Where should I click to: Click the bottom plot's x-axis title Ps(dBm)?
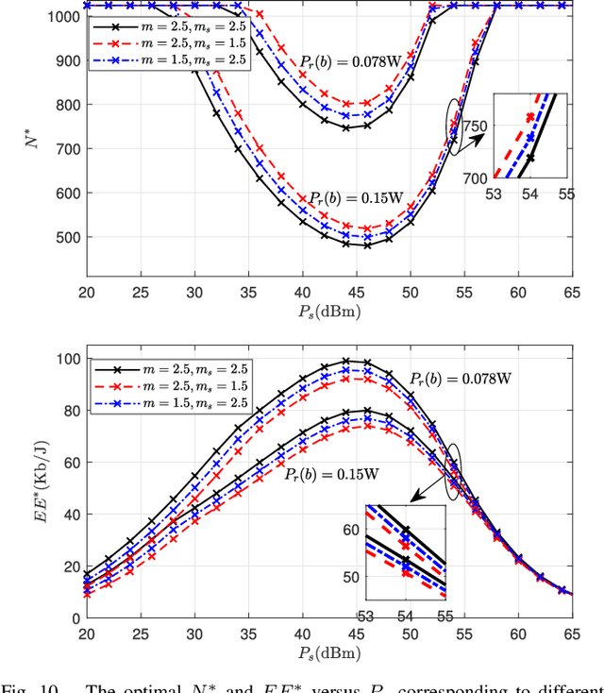(x=329, y=653)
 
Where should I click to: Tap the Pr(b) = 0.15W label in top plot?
(x=356, y=198)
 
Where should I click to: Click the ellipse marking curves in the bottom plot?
(x=456, y=466)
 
